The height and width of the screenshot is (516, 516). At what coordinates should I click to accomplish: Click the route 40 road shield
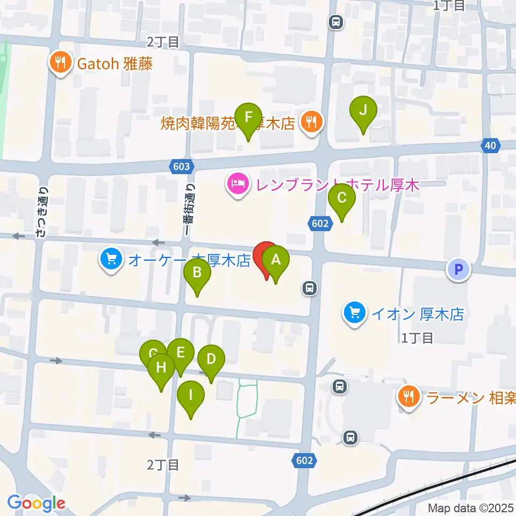tap(489, 145)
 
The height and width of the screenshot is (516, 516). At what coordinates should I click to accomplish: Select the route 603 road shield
tap(182, 167)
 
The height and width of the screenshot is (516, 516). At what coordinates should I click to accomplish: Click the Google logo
tap(36, 503)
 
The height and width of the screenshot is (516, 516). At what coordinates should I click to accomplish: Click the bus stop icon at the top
tap(336, 23)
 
